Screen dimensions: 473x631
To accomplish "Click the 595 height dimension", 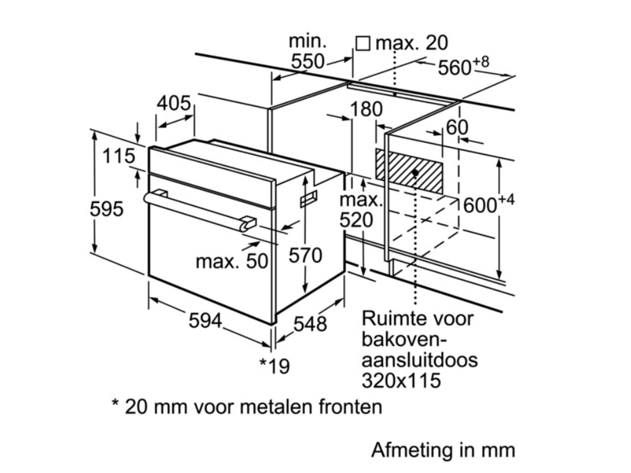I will (x=106, y=209).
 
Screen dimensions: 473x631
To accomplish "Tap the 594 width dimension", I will (x=205, y=320).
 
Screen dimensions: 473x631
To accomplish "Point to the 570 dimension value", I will (x=305, y=255).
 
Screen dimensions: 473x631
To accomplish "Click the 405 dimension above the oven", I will (x=174, y=103).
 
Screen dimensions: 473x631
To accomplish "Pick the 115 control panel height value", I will (x=118, y=156).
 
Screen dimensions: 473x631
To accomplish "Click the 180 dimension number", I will (x=366, y=109).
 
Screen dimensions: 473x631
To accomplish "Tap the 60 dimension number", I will (x=457, y=127).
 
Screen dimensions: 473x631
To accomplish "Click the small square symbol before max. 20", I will (x=363, y=43).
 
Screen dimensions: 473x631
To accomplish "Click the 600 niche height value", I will (x=480, y=205).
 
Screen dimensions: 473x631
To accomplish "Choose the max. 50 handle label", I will (x=232, y=261).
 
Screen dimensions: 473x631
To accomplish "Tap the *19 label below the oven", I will (x=274, y=366).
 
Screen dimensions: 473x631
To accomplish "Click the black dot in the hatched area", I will (x=415, y=173).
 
